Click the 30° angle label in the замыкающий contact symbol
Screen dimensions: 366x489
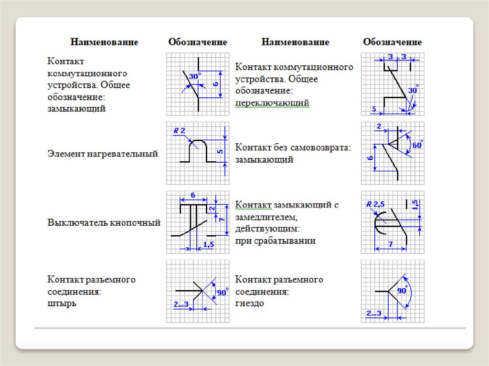tap(195, 76)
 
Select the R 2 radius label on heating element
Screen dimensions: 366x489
tap(179, 130)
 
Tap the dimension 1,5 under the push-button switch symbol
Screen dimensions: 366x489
tap(208, 244)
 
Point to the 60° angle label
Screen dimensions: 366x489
tap(418, 145)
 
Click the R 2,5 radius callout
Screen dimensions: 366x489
tap(375, 205)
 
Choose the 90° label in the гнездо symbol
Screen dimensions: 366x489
tap(402, 290)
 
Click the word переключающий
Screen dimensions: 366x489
tap(272, 103)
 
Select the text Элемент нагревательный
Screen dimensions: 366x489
tap(103, 154)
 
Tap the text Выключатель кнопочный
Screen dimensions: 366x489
tap(104, 222)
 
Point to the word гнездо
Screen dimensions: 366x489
tap(249, 303)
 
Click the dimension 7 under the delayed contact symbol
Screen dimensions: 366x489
tap(390, 244)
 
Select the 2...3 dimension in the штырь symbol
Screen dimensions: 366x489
tap(181, 304)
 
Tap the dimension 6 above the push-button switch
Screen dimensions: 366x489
tap(193, 195)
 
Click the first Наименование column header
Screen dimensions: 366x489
tap(105, 42)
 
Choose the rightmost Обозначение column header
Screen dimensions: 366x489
tap(393, 42)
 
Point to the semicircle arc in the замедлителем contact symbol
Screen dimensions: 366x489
tap(377, 224)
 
